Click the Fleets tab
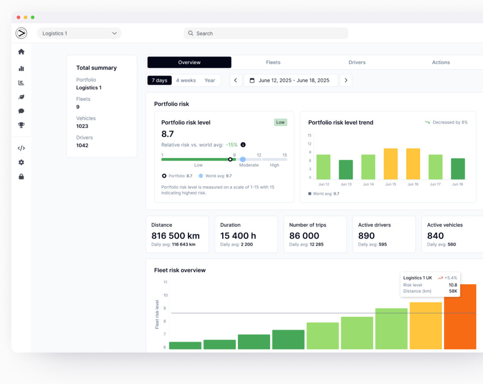pyautogui.click(x=273, y=62)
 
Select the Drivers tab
pyautogui.click(x=357, y=62)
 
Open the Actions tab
pyautogui.click(x=441, y=62)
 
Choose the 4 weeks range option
pyautogui.click(x=186, y=81)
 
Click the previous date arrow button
pyautogui.click(x=236, y=81)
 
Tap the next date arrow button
pyautogui.click(x=346, y=81)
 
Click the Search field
pyautogui.click(x=266, y=33)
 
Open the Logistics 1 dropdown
pyautogui.click(x=79, y=33)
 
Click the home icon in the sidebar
pyautogui.click(x=21, y=52)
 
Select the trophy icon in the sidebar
pyautogui.click(x=21, y=125)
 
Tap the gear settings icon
pyautogui.click(x=21, y=162)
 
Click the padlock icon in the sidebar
pyautogui.click(x=21, y=177)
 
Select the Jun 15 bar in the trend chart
pyautogui.click(x=390, y=164)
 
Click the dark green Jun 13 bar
pyautogui.click(x=346, y=170)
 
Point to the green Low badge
pyautogui.click(x=280, y=122)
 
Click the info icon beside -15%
pyautogui.click(x=243, y=145)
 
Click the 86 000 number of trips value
pyautogui.click(x=304, y=236)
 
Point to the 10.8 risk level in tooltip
pyautogui.click(x=453, y=285)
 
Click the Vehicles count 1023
pyautogui.click(x=82, y=126)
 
